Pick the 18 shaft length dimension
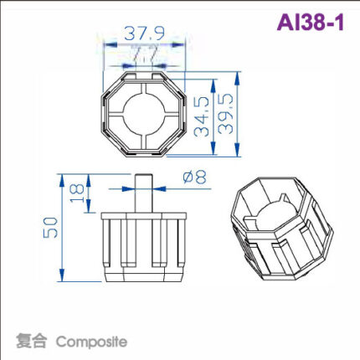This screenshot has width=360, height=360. pyautogui.click(x=77, y=191)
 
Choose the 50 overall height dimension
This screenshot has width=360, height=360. pyautogui.click(x=51, y=228)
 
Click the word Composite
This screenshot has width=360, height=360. pyautogui.click(x=91, y=342)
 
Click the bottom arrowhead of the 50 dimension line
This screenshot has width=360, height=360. pyautogui.click(x=61, y=279)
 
